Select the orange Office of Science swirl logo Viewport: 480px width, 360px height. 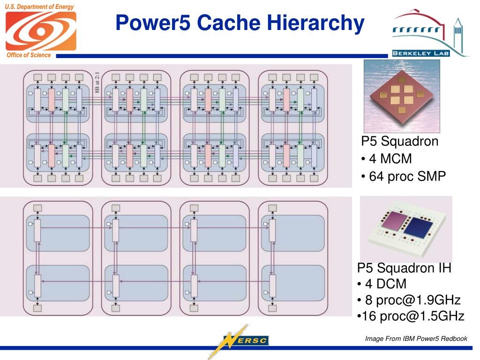(41, 31)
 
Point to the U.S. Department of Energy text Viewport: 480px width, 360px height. (40, 7)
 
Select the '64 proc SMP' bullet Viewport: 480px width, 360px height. (404, 176)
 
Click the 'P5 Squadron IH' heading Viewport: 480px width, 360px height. (404, 268)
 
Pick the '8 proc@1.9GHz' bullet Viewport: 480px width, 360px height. (408, 300)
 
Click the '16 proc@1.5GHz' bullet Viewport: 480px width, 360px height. (411, 316)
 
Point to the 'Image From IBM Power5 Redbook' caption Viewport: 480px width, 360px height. (416, 338)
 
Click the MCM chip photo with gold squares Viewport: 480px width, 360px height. (402, 96)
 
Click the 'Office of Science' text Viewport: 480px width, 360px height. (29, 55)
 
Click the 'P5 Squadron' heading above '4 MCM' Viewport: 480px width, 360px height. (399, 142)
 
